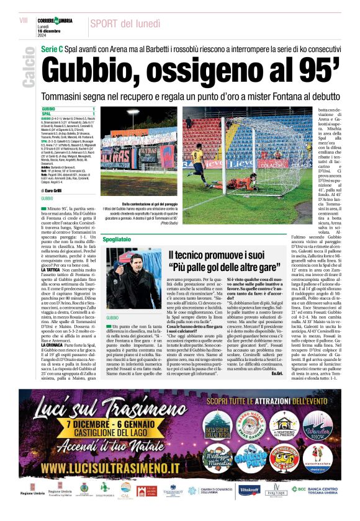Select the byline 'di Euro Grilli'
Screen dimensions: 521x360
point(54,190)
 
